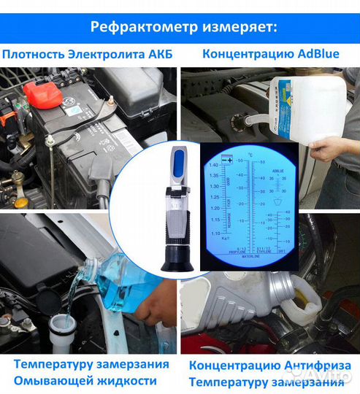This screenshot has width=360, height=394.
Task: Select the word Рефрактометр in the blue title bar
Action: tap(134, 27)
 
